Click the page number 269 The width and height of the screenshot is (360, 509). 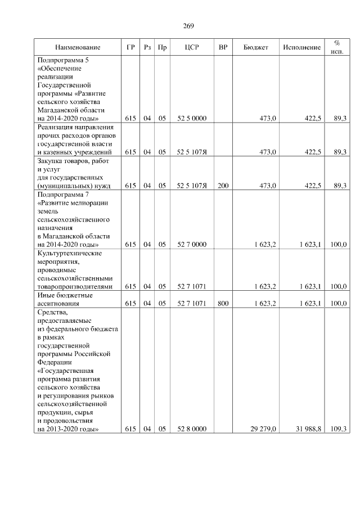pyautogui.click(x=188, y=26)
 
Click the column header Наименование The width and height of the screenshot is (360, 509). pyautogui.click(x=78, y=47)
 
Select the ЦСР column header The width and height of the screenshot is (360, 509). pyautogui.click(x=192, y=47)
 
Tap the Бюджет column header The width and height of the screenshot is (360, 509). pyautogui.click(x=255, y=47)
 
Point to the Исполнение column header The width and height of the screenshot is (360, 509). pyautogui.click(x=302, y=47)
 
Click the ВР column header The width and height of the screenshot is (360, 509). pyautogui.click(x=223, y=47)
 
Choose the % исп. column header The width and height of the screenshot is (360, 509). pyautogui.click(x=337, y=47)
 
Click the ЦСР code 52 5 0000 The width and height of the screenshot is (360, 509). pyautogui.click(x=192, y=119)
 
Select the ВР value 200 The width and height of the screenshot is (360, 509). pyautogui.click(x=223, y=186)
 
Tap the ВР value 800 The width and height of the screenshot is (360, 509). pyautogui.click(x=223, y=303)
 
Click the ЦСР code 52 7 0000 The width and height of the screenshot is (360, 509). pyautogui.click(x=192, y=244)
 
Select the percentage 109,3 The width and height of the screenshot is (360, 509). pyautogui.click(x=338, y=429)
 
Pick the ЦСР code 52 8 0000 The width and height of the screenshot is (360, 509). pyautogui.click(x=192, y=429)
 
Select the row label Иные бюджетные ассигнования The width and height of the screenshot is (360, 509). pyautogui.click(x=65, y=299)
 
